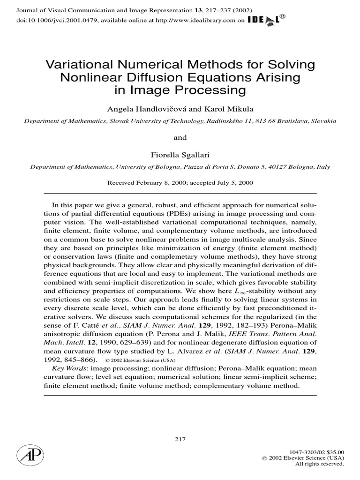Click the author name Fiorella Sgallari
click(180, 154)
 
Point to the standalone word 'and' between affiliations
click(180, 137)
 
